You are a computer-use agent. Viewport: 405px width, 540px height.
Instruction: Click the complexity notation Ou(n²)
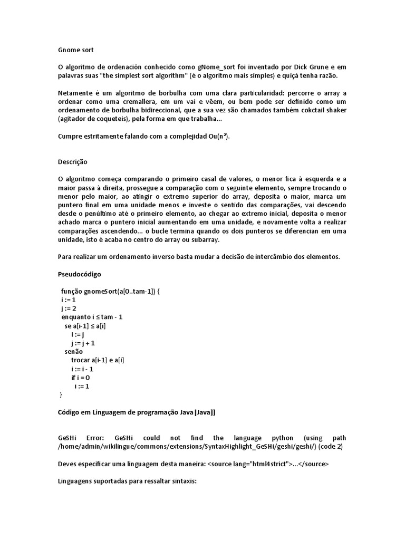tap(219, 136)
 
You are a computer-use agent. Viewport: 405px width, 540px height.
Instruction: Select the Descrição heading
tap(72, 162)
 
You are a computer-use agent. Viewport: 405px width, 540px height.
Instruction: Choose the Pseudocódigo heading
tap(79, 274)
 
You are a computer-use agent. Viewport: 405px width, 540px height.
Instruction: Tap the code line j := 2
tap(69, 308)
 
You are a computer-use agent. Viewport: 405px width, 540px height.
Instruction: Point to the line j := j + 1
tap(83, 343)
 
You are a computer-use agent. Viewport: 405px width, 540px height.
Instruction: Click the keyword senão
tap(74, 351)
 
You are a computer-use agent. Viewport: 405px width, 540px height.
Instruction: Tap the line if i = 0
tap(80, 378)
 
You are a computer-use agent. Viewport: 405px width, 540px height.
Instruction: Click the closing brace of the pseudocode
tap(61, 395)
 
